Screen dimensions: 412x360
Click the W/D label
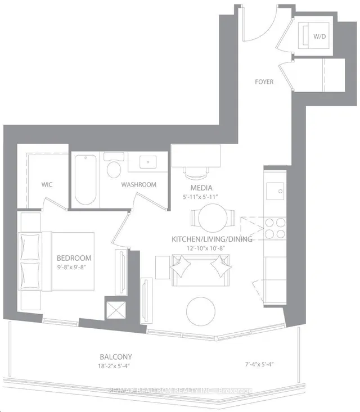click(319, 38)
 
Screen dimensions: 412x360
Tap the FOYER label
click(264, 82)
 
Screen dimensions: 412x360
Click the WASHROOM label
click(138, 184)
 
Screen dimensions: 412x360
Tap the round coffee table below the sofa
click(201, 310)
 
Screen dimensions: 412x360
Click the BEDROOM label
click(74, 258)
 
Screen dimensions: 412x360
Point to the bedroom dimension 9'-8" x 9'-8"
click(74, 268)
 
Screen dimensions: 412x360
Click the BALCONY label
click(118, 356)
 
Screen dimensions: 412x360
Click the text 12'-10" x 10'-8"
click(212, 248)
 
